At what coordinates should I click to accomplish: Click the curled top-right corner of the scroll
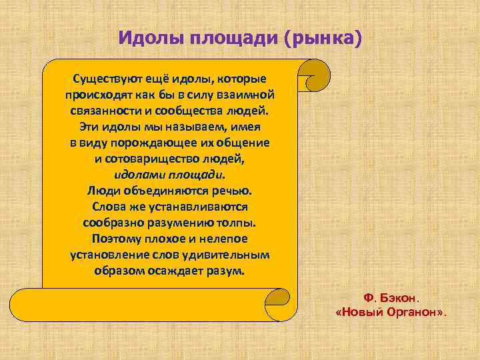pyautogui.click(x=317, y=75)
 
